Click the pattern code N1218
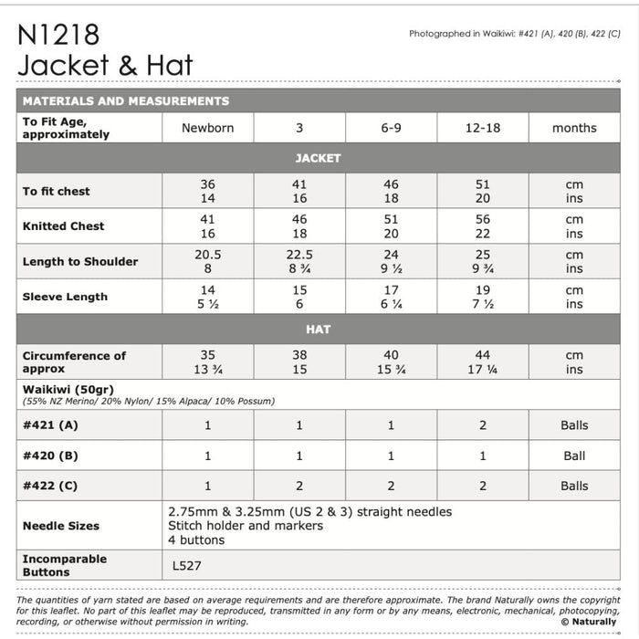pos(59,36)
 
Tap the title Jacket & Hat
pos(105,66)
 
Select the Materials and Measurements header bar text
pos(126,101)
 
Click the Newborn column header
pos(207,129)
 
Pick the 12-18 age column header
pos(482,129)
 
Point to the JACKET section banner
pos(318,158)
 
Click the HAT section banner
pos(318,329)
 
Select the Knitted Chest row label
pos(64,226)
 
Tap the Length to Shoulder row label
pos(80,262)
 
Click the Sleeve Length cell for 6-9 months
pos(391,297)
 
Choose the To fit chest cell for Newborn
pos(207,191)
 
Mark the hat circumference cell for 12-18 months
pos(482,361)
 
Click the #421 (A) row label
pos(50,425)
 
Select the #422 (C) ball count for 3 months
pos(299,486)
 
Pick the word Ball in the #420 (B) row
pos(574,456)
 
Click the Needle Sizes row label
pos(61,526)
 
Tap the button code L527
pos(187,566)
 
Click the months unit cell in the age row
pos(574,129)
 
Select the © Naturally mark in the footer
pos(589,622)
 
